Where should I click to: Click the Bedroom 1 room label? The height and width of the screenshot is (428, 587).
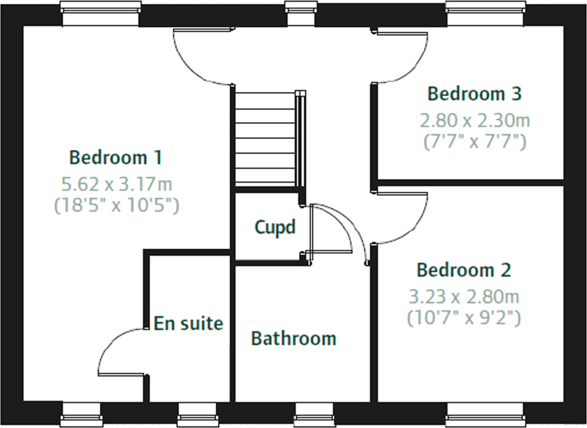116,157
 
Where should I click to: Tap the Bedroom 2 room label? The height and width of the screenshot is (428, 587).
464,270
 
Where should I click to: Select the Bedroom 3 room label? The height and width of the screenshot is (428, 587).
474,94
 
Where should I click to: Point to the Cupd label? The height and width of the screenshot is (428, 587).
275,227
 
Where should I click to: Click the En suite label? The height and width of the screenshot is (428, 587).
188,323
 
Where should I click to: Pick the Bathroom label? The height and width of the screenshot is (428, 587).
293,339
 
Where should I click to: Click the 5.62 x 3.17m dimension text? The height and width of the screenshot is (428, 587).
117,184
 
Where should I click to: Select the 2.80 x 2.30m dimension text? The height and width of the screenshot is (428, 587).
475,121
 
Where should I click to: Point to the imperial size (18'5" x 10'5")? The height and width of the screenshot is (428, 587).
117,205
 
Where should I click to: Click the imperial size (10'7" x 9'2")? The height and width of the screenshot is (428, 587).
464,318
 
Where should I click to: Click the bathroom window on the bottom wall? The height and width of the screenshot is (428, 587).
314,415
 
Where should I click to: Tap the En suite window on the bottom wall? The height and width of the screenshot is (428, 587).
197,415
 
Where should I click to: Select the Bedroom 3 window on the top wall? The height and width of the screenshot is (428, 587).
485,13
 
